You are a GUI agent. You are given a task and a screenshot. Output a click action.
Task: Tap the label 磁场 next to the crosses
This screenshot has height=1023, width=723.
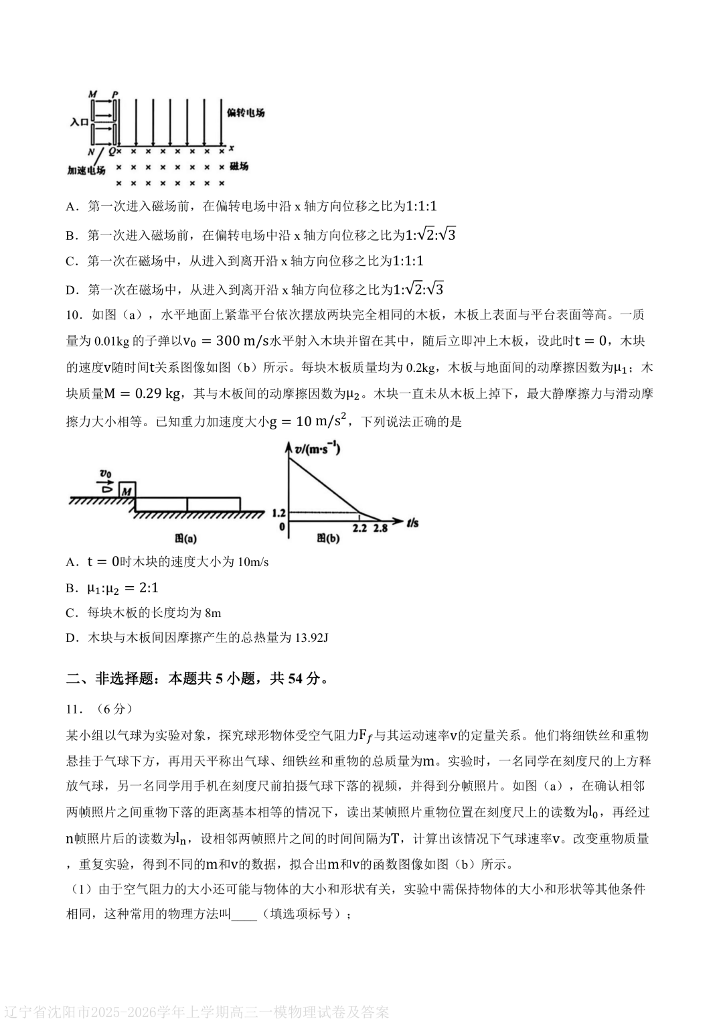tap(238, 165)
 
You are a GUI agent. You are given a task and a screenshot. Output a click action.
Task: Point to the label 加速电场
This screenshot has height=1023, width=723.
tap(86, 170)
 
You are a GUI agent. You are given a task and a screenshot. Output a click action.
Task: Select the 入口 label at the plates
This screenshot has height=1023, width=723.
tap(79, 123)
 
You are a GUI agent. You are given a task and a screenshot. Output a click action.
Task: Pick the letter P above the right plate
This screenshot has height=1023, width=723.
tap(115, 94)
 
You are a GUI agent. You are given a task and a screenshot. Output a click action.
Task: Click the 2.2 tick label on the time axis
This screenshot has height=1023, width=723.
tap(359, 528)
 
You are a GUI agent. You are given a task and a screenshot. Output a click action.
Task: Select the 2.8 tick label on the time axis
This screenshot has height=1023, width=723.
tap(381, 528)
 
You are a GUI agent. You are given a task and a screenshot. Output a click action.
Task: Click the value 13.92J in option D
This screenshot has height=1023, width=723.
tap(311, 637)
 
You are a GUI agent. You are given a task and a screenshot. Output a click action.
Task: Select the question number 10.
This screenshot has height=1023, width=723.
tap(74, 315)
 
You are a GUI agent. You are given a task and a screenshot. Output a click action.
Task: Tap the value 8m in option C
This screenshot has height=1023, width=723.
tap(213, 612)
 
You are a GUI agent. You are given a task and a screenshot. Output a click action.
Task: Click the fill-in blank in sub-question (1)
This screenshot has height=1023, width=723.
tap(244, 914)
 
